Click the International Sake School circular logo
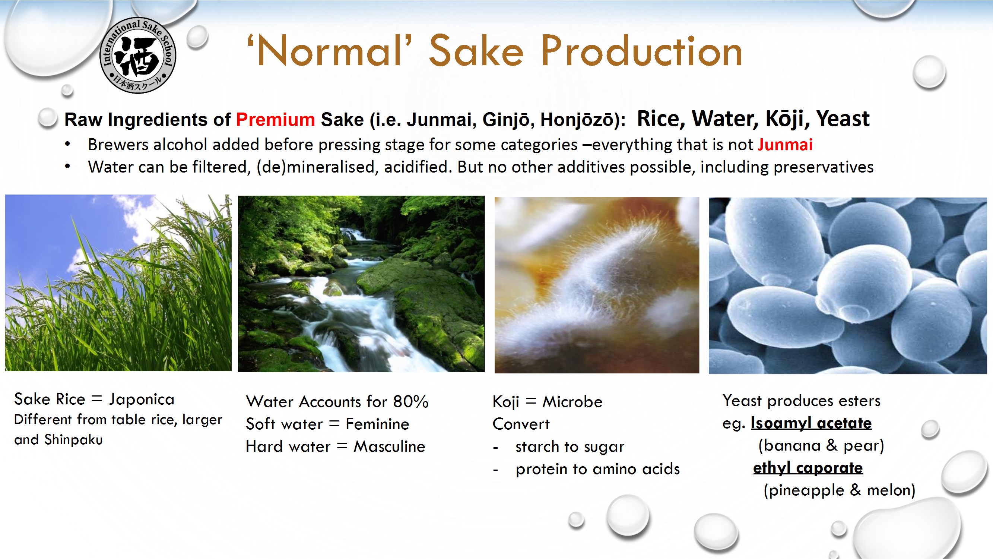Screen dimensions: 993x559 137,55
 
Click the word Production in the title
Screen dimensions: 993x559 641,51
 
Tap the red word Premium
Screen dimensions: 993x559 275,120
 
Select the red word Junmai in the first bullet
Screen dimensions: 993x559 785,145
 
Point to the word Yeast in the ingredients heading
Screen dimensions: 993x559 843,119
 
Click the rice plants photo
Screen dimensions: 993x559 118,283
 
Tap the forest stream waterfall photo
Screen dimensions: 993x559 361,284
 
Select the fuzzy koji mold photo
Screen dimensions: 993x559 597,285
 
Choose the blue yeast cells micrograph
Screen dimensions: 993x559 848,285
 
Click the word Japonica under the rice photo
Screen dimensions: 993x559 142,399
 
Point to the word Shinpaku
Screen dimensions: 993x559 74,440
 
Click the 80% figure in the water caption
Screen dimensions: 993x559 410,402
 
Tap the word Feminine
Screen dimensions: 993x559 377,424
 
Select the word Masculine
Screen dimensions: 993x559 389,446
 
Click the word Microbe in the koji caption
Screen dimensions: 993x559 572,402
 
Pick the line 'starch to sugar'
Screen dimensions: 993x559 570,447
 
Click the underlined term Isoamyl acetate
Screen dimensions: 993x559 811,423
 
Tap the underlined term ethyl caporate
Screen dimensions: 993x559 808,468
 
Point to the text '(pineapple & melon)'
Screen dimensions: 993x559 839,490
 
